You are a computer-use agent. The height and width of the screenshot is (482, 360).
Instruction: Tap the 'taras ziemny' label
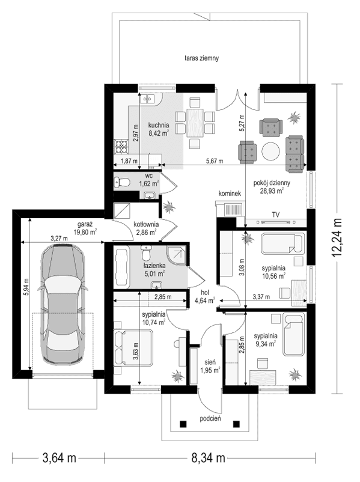[201, 59]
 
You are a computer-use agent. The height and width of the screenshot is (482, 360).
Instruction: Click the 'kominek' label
[230, 194]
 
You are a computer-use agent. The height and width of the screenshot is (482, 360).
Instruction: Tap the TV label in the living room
[276, 214]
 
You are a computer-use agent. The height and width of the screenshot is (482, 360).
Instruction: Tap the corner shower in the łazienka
[178, 255]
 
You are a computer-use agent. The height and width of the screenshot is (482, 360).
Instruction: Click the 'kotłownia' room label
[147, 224]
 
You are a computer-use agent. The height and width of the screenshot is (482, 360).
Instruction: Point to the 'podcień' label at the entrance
[212, 419]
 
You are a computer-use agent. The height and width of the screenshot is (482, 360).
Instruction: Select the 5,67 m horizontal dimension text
[214, 161]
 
